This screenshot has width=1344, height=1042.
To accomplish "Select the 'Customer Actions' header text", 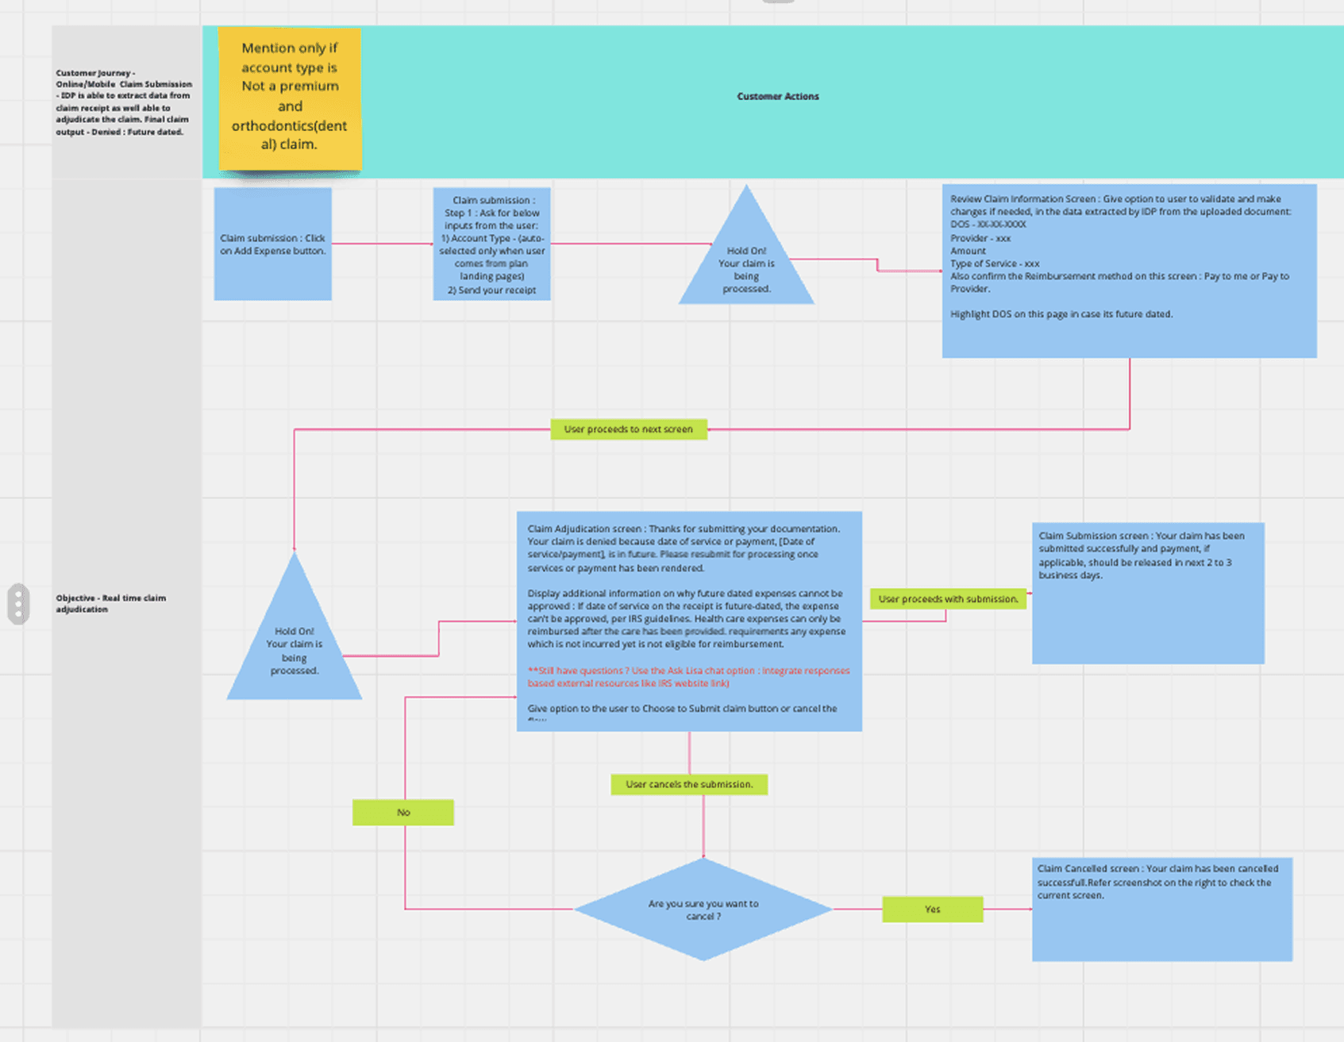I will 777,97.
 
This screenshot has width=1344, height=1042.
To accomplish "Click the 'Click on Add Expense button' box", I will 272,244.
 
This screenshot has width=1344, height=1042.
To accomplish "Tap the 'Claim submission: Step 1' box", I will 491,244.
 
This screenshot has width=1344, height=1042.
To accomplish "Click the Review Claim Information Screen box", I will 1129,271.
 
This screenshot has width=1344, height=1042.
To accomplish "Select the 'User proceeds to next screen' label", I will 628,429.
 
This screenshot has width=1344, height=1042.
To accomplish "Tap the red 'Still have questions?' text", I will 688,677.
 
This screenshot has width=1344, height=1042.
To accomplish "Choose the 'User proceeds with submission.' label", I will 948,599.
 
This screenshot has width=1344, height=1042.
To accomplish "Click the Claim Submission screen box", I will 1148,593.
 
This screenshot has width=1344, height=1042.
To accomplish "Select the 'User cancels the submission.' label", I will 689,785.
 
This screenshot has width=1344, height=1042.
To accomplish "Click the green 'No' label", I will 403,813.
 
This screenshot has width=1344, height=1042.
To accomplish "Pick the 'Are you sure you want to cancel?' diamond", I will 703,909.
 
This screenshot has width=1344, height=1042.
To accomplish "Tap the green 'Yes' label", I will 933,909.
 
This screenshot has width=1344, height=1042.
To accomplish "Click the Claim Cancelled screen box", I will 1161,909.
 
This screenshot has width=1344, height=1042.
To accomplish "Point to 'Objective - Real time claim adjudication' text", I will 111,603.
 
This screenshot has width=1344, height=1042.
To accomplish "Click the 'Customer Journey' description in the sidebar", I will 124,102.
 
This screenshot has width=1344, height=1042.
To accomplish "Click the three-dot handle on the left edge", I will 18,604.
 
